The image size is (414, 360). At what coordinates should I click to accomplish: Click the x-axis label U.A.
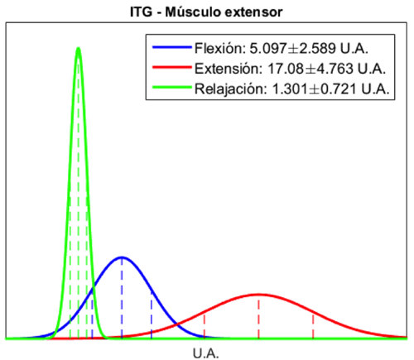(206, 353)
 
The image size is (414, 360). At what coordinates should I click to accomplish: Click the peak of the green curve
(78, 47)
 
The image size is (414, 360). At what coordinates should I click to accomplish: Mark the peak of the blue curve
(122, 257)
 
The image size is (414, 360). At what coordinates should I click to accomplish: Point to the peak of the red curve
(259, 294)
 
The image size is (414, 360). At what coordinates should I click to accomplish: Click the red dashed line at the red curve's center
(259, 319)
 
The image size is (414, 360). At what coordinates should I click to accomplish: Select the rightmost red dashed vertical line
(313, 323)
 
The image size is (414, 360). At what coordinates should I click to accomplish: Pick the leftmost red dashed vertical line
(205, 324)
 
